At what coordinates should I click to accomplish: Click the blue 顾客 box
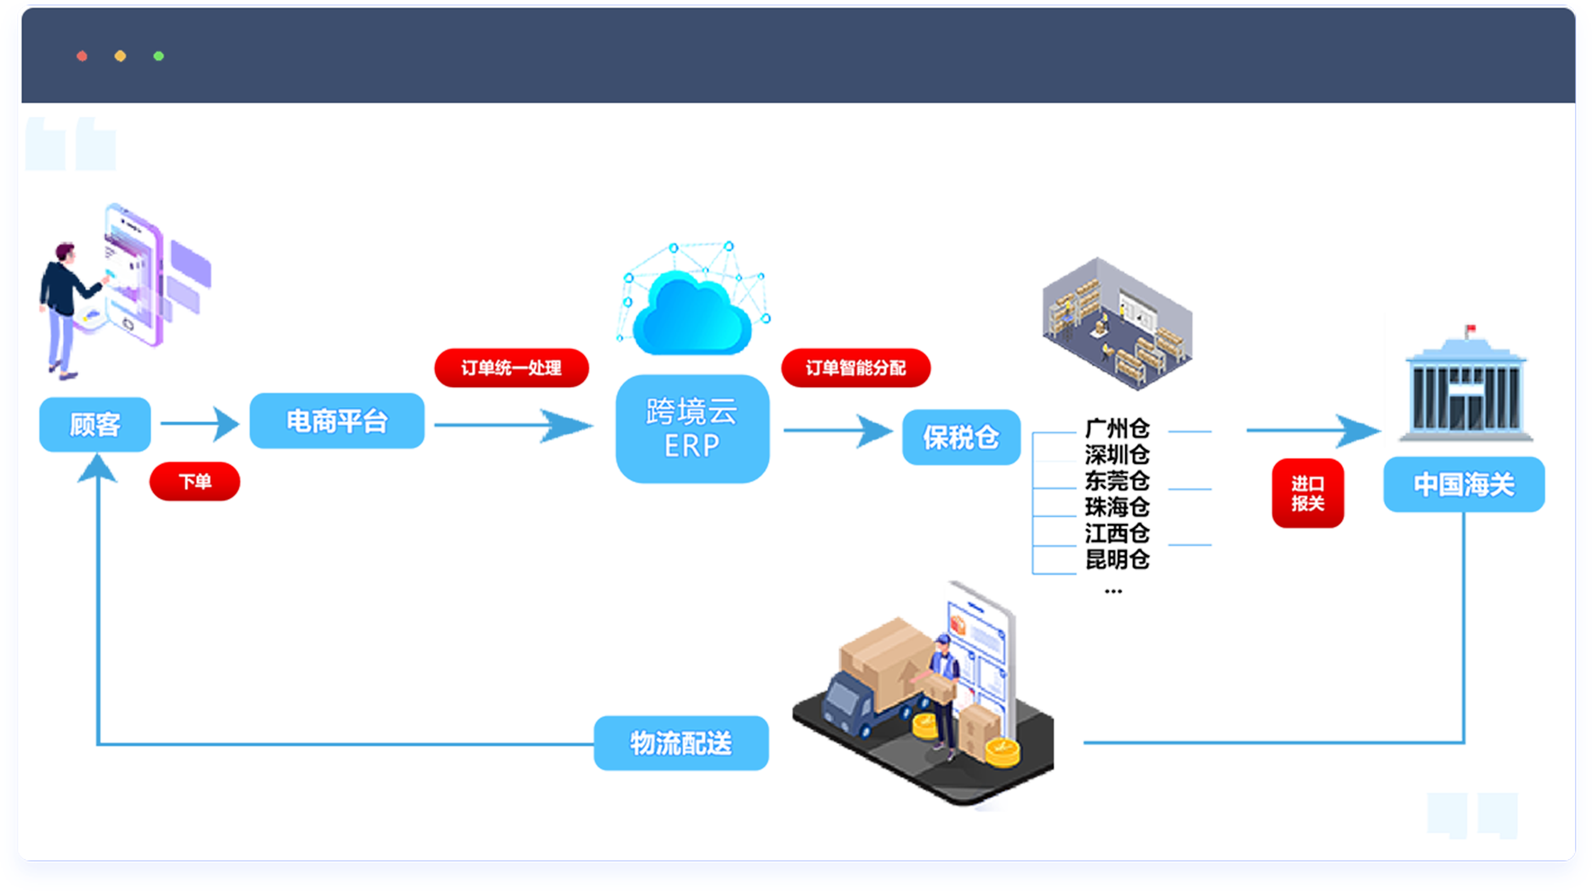point(95,425)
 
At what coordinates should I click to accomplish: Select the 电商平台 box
point(337,421)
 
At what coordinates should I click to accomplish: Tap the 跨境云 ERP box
point(692,429)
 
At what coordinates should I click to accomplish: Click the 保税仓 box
point(961,437)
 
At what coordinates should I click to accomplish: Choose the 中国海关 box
point(1464,485)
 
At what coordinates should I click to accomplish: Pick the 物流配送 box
point(681,743)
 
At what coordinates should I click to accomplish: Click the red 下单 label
point(195,482)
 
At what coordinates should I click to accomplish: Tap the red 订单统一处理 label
point(511,368)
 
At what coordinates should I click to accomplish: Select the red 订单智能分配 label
point(856,368)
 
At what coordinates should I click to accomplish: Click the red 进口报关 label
point(1307,493)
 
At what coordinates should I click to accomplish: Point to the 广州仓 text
point(1117,429)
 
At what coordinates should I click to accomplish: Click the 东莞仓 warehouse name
point(1117,481)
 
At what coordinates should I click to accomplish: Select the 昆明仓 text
point(1117,559)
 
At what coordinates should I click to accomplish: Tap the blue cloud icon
point(691,314)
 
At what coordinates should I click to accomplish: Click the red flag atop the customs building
point(1471,328)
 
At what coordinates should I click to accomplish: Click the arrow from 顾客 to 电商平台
point(200,423)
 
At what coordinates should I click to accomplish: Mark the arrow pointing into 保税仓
point(838,431)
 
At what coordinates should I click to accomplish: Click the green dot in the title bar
point(159,57)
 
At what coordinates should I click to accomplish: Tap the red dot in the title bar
point(82,57)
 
